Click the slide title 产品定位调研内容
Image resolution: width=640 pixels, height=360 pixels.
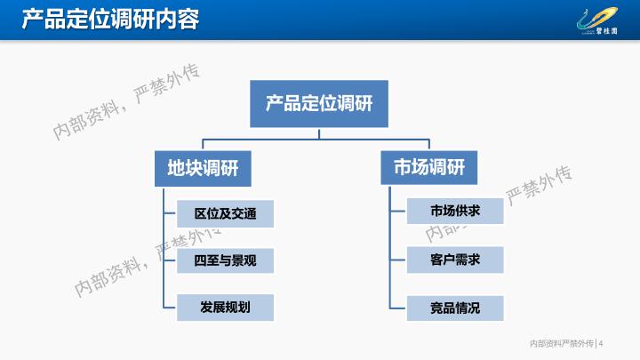coord(110,20)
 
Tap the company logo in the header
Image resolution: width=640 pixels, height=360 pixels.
coord(597,21)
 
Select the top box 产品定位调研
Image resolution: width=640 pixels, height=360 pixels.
coord(319,104)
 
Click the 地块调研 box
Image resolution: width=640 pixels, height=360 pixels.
coord(203,169)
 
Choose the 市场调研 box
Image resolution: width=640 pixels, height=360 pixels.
coord(429,167)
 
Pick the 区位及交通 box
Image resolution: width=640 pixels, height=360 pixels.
coord(225,213)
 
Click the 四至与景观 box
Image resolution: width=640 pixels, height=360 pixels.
coord(225,260)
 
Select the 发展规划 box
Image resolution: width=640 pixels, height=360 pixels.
coord(225,308)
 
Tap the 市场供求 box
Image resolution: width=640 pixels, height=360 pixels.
coord(455,211)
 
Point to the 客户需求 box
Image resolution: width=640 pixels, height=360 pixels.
coord(455,260)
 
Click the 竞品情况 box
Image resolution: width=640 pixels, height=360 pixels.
coord(455,308)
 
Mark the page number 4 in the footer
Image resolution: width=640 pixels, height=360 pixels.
coord(601,344)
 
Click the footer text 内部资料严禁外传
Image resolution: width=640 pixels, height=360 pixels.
coord(561,344)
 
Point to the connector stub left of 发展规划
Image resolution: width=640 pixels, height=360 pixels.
coord(170,308)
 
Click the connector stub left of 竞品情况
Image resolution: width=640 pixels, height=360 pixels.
coord(398,308)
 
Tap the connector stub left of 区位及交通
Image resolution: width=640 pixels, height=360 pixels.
coord(170,213)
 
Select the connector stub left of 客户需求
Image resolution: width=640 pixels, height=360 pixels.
coord(398,260)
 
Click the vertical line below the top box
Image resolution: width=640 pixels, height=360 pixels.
coord(319,133)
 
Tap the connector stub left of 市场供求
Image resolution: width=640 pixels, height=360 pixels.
coord(398,211)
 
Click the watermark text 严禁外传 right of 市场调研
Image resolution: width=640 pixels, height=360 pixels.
coord(539,185)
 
